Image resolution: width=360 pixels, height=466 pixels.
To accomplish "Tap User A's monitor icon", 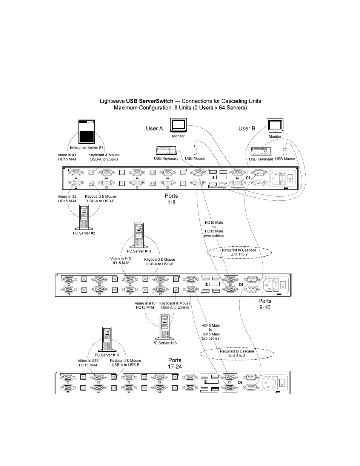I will point(178,125).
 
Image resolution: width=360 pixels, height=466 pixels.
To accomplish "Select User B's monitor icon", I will point(275,125).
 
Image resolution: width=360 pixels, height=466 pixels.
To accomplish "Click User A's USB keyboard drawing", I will point(166,151).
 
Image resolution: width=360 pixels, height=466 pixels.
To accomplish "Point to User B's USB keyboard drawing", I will point(261,152).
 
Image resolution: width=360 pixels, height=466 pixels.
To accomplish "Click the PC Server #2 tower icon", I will point(84,217).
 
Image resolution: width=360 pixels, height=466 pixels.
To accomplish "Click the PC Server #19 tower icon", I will point(107,339).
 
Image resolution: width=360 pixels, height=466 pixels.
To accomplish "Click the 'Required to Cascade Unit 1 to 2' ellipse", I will point(239,252).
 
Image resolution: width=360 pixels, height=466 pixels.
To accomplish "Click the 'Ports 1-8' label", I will point(171,199).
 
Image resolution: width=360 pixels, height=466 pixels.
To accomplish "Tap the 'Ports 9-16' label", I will point(265,304).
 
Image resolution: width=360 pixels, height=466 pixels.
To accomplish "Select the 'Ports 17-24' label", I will point(175,363).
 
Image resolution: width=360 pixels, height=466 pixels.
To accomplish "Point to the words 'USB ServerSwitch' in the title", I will point(150,101).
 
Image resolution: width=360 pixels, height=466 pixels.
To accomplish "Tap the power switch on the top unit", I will point(290,178).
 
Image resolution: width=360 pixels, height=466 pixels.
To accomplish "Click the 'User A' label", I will point(154,128).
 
